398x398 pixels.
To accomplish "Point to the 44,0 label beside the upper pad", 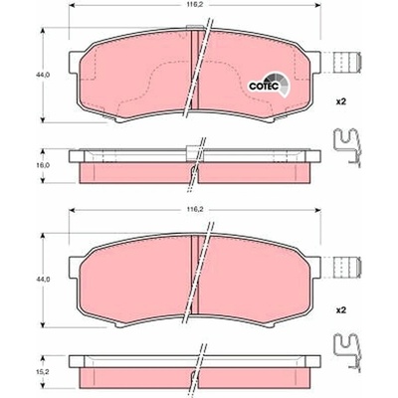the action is click(x=43, y=75).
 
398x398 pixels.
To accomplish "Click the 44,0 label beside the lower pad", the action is click(x=43, y=280).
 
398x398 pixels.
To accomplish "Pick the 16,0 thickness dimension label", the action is click(x=43, y=165).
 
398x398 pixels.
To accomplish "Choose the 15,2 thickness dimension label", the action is click(x=43, y=372).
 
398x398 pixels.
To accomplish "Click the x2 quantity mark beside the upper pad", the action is click(x=341, y=102).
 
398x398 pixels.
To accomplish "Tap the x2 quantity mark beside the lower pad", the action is click(x=341, y=310).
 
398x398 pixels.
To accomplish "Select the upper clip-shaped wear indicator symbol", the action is click(x=347, y=147).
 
